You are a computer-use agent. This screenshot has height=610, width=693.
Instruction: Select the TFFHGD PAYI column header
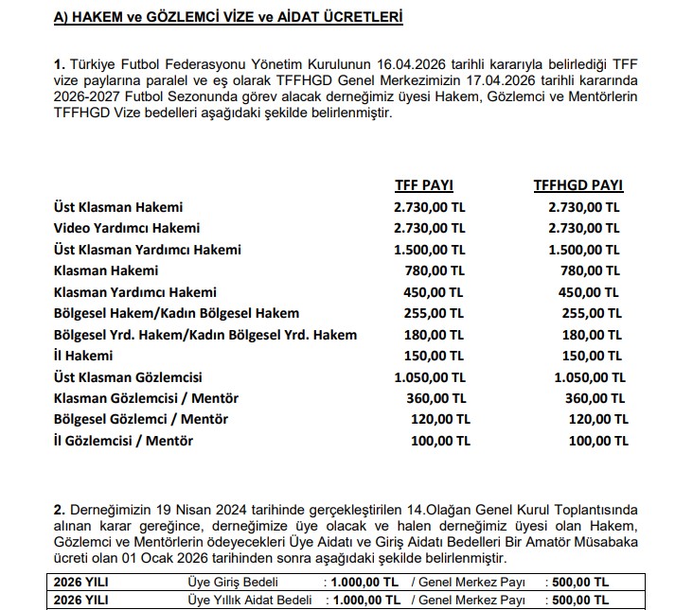pos(578,185)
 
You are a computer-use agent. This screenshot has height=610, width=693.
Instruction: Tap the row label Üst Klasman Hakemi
pos(118,206)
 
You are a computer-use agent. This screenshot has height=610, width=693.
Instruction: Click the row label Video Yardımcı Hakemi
pos(127,228)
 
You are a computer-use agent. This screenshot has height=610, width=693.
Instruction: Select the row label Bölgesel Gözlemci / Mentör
pos(141,419)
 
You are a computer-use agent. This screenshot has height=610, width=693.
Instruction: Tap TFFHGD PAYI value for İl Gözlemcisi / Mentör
pos(595,440)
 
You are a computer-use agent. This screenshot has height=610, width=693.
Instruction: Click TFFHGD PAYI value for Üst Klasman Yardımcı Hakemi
pos(584,250)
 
